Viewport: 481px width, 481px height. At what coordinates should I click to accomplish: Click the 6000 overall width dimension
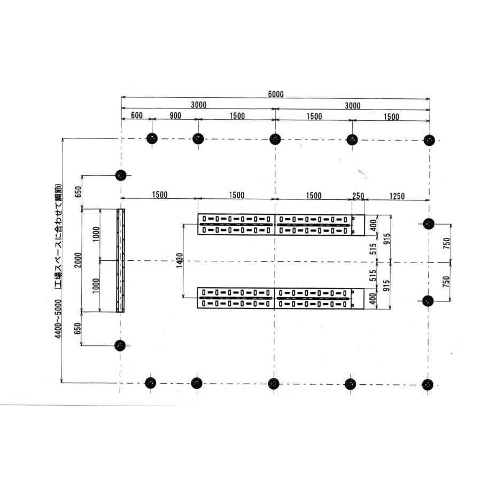pos(276,94)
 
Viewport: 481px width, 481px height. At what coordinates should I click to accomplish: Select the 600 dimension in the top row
pos(137,115)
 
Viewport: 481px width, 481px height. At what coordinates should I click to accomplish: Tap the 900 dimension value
pos(175,115)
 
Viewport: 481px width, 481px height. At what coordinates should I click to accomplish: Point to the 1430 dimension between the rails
pos(180,260)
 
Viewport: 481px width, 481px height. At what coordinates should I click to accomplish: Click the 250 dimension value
pos(358,196)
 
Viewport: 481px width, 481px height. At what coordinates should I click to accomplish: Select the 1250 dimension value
pos(397,196)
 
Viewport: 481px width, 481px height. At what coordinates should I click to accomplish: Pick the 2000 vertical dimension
pos(78,260)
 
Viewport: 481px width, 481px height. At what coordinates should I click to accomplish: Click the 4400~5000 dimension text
pos(58,319)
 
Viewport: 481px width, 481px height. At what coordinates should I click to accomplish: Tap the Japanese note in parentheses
pos(58,237)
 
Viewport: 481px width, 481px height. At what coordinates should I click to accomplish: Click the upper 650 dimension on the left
pos(79,192)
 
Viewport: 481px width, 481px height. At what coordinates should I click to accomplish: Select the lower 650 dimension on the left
pos(78,329)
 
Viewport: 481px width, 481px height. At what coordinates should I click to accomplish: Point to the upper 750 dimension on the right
pos(447,243)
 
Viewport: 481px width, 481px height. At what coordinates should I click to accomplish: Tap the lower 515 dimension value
pos(373,275)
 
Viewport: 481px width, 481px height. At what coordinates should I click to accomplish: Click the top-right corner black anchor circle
pos(429,140)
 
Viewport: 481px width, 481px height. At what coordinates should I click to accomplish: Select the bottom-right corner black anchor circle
pos(428,385)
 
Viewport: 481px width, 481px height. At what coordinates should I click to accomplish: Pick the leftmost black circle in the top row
pos(152,138)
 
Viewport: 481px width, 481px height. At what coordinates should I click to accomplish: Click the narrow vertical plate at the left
pos(121,260)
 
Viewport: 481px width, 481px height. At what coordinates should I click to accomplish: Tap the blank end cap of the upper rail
pos(358,225)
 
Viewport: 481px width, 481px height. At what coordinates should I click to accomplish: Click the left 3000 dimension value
pos(199,105)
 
